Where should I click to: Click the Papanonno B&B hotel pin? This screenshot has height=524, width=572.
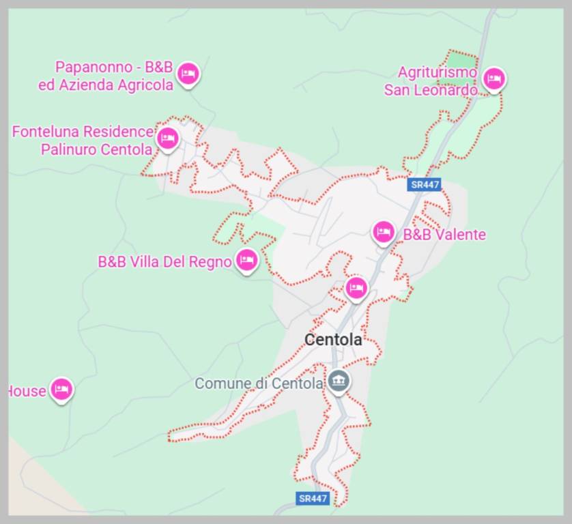[188, 72]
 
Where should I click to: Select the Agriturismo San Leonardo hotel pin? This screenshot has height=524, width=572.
[493, 78]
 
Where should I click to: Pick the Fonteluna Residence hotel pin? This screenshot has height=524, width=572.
[167, 138]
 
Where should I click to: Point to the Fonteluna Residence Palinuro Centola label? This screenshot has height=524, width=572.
[82, 140]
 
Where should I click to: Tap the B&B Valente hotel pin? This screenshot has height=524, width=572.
[384, 232]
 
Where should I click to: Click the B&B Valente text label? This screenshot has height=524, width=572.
[444, 235]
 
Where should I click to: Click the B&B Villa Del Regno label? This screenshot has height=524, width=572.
[165, 261]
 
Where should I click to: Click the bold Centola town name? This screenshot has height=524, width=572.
[333, 339]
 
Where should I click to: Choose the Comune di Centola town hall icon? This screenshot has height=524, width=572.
[338, 381]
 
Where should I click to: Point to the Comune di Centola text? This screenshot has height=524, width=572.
[259, 383]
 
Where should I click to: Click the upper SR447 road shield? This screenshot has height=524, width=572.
[425, 184]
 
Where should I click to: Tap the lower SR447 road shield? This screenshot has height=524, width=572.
[313, 499]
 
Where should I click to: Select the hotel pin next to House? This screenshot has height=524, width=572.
[61, 390]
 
